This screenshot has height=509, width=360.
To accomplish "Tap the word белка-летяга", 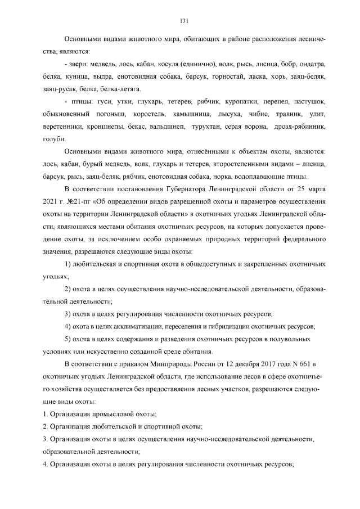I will (118, 88).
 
